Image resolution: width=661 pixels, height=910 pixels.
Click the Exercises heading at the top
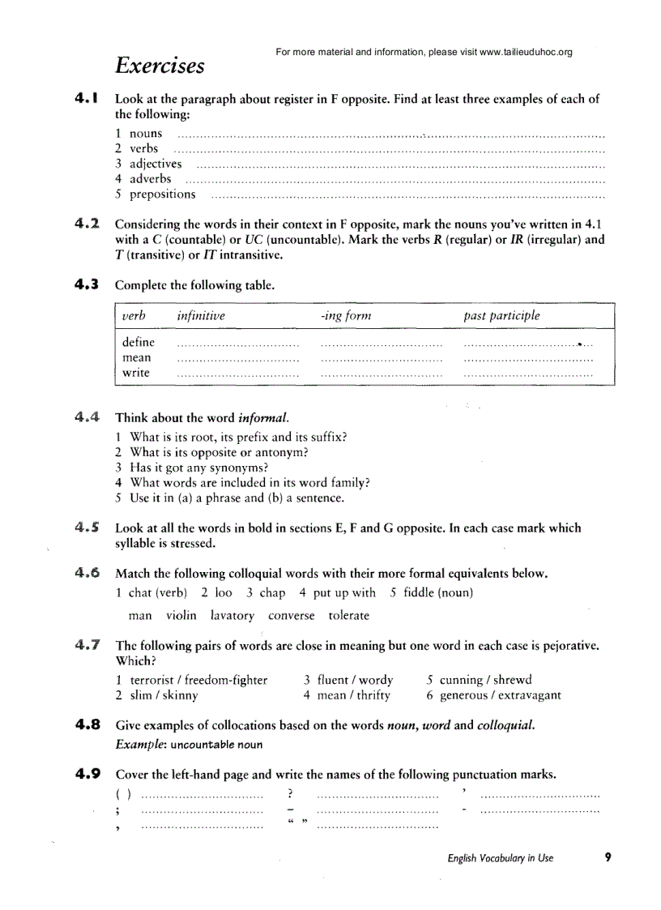coord(160,65)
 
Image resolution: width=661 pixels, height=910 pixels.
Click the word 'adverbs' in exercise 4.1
coord(151,179)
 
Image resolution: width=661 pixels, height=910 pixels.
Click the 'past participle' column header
coord(501,316)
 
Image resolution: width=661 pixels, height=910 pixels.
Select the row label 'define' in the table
coord(139,343)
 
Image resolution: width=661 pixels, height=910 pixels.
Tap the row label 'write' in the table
coord(136,373)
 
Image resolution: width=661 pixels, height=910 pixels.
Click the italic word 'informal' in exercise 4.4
coord(262,418)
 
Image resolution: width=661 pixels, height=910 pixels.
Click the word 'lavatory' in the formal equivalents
coord(232,616)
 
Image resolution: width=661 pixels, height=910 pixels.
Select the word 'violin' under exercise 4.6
coord(181,616)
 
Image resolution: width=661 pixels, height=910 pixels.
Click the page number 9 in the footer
coord(607,857)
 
